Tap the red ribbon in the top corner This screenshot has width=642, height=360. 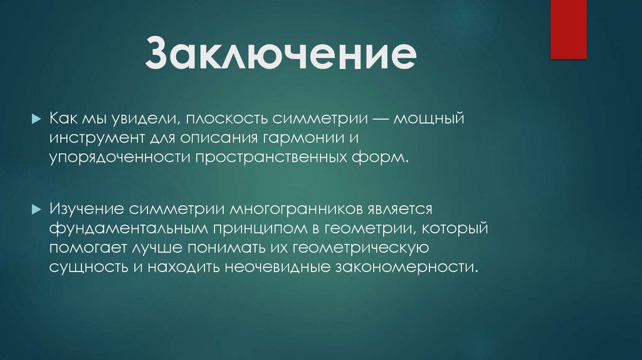coord(568,29)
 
